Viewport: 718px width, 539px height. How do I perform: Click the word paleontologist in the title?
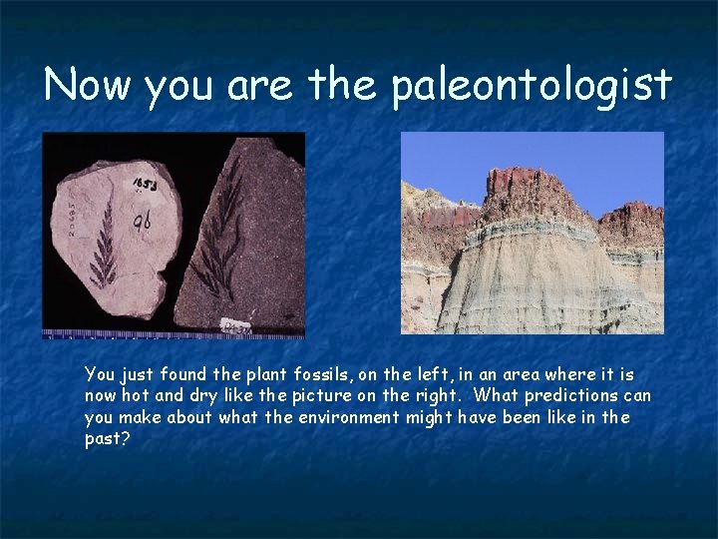(532, 86)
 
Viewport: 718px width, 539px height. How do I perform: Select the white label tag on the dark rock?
(236, 325)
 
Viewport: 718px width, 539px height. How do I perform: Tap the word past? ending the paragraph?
(106, 438)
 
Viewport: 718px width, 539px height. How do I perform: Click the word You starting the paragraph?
(100, 374)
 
